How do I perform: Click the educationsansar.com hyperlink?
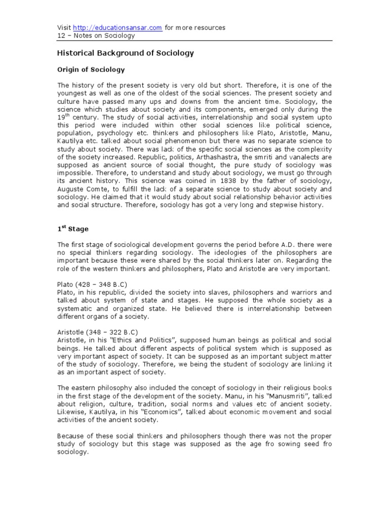pos(118,28)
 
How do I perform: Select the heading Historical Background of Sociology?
pos(125,53)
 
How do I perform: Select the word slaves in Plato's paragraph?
pos(216,292)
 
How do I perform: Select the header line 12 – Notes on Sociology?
pos(95,36)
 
